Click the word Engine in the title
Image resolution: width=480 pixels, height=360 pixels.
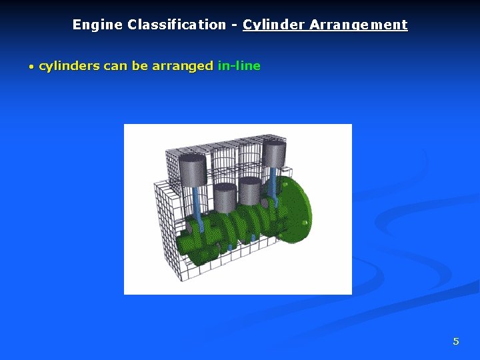point(97,25)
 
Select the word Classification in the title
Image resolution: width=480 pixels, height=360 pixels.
point(176,25)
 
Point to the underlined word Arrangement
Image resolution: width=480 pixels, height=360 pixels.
point(358,25)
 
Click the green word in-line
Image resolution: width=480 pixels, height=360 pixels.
point(239,66)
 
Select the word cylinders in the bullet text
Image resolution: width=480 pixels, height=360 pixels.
point(69,66)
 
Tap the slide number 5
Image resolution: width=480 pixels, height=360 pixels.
point(456,341)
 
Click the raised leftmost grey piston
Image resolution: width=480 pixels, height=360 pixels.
point(193,171)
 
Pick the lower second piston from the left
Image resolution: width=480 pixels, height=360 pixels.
point(225,196)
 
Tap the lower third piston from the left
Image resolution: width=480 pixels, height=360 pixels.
point(251,191)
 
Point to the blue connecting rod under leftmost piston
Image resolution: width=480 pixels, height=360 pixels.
point(197,203)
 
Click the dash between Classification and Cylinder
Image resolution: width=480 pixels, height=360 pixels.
point(235,25)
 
